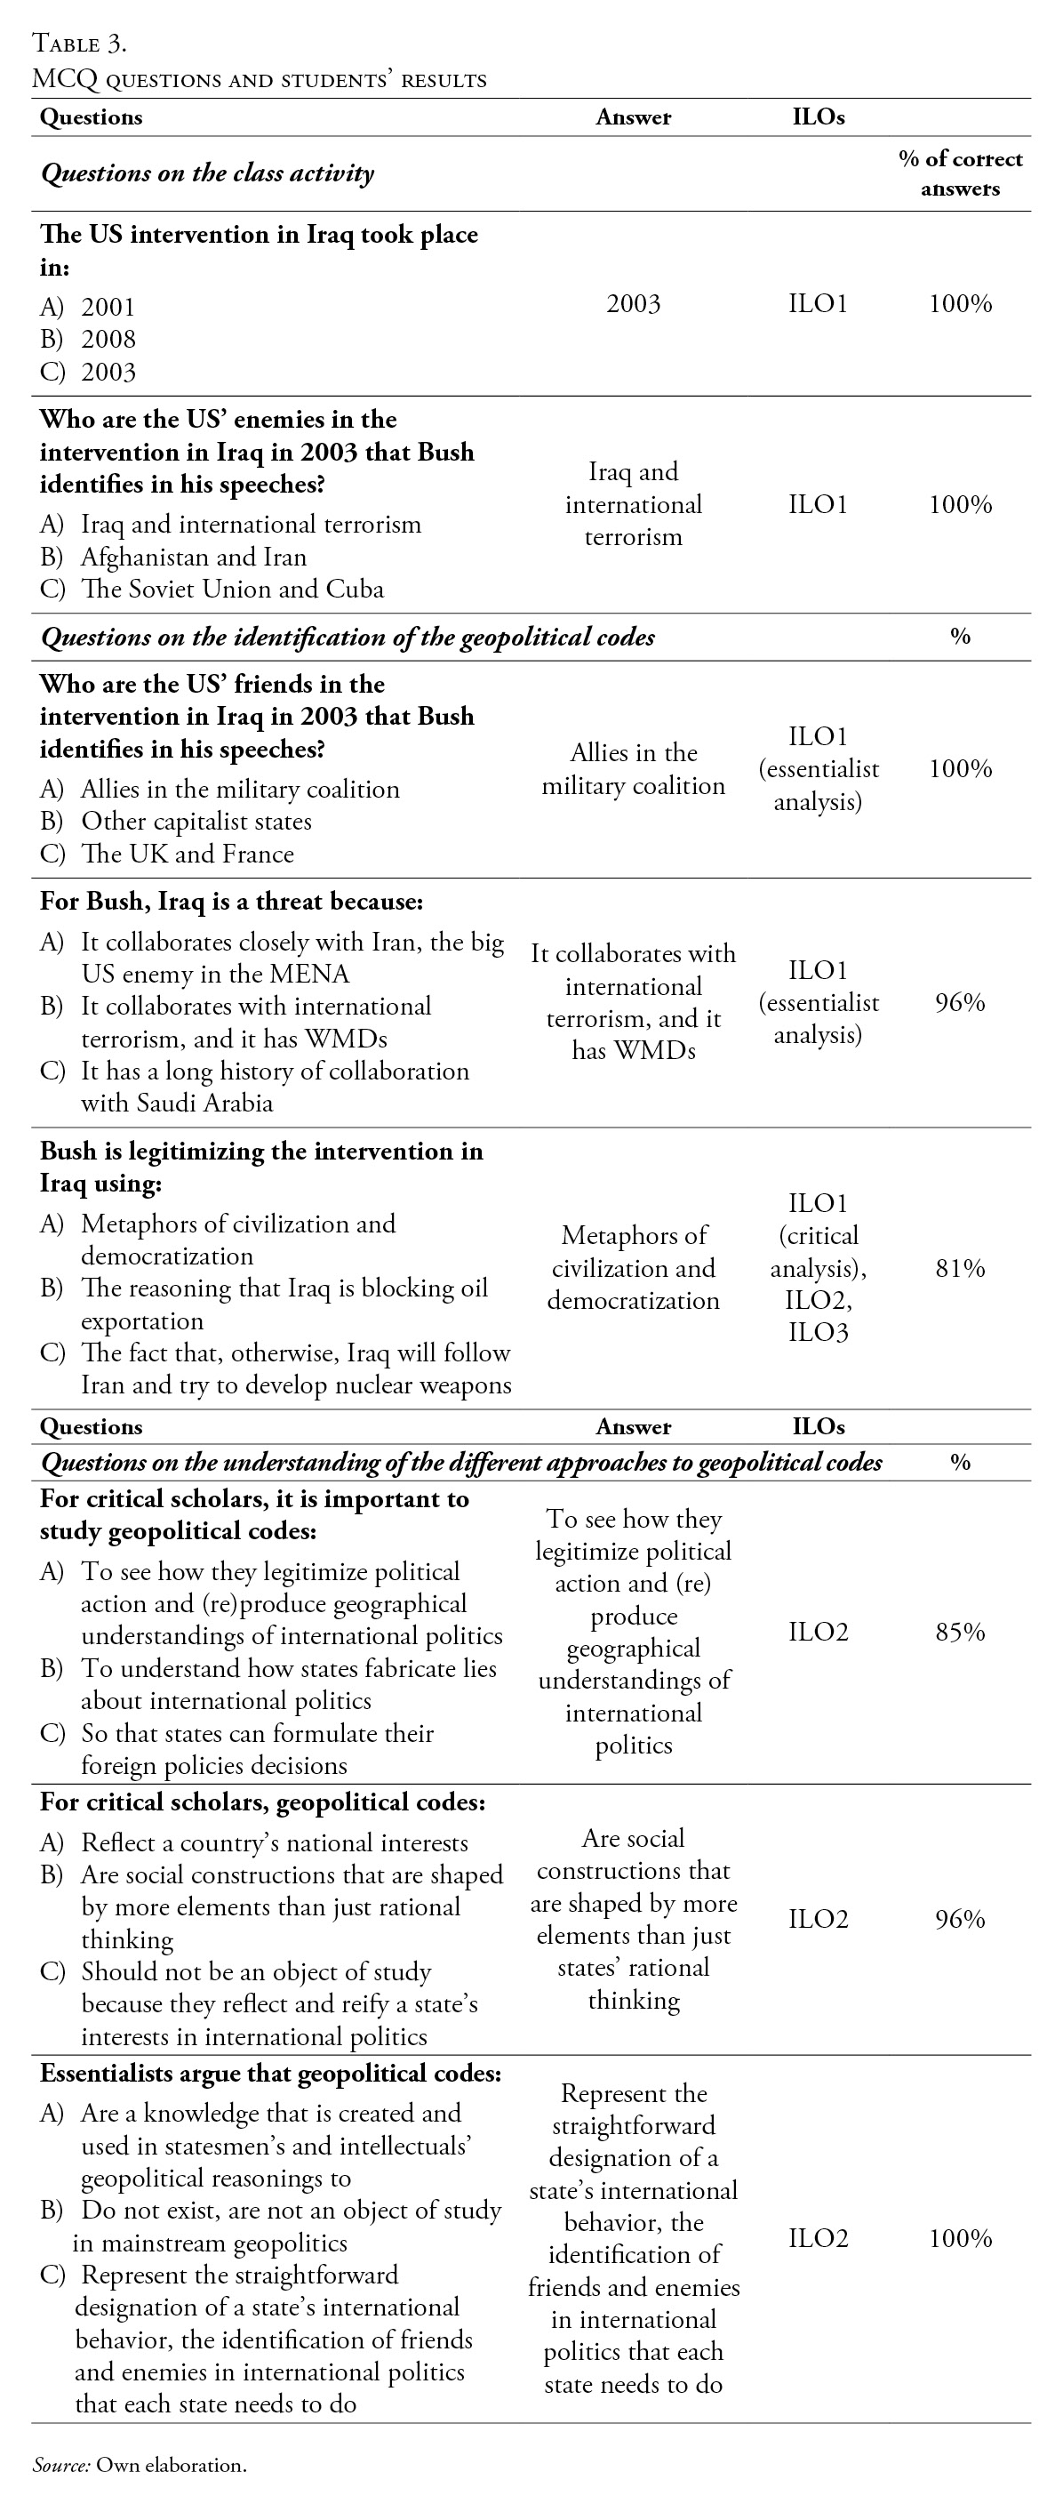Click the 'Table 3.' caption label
(80, 43)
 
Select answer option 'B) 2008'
(88, 340)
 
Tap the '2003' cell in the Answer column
(633, 304)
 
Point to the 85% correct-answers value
(960, 1631)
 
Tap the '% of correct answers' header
(960, 173)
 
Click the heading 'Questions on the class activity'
(207, 173)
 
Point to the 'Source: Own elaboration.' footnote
(139, 2464)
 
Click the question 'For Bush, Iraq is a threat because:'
(231, 901)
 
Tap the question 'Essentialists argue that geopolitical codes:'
(270, 2074)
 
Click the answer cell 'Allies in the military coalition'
(633, 769)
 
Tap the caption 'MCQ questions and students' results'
(260, 80)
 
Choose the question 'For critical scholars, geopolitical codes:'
(262, 1802)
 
